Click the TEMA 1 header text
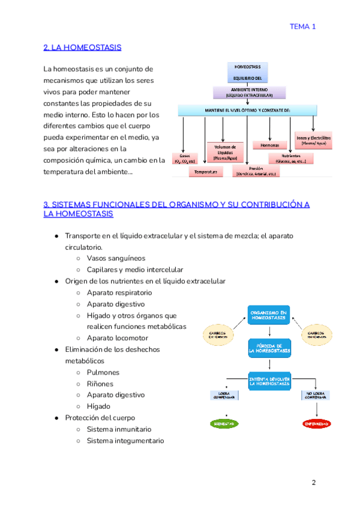click(302, 26)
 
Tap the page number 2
click(313, 483)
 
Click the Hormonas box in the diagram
click(265, 145)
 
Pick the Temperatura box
click(205, 172)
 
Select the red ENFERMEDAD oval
click(316, 424)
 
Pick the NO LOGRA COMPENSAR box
click(316, 396)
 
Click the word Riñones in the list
click(100, 384)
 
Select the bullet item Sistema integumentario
click(125, 441)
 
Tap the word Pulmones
click(103, 372)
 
